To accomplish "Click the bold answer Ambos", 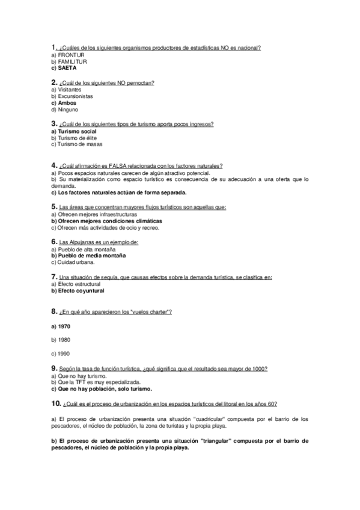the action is point(67,103).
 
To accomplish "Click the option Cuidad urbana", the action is point(73,262).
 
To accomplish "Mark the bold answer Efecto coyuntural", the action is point(78,291).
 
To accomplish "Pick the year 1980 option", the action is point(61,339).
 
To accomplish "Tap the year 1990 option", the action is point(61,353).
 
